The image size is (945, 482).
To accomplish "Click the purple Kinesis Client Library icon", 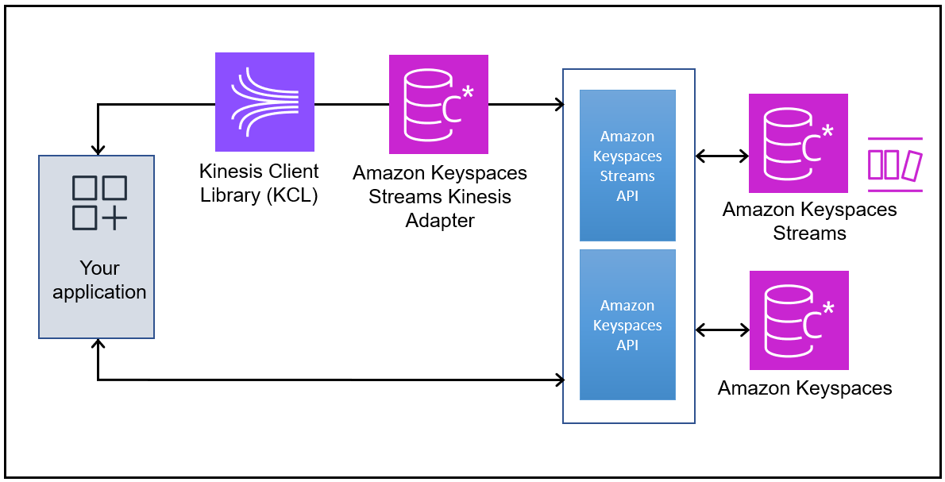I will tap(264, 102).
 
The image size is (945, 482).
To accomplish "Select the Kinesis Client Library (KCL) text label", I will tap(259, 183).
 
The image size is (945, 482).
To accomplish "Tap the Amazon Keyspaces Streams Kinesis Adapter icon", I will tap(438, 104).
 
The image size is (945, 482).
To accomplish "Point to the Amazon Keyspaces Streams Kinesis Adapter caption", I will tap(439, 196).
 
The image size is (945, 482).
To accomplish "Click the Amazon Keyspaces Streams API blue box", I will tap(627, 165).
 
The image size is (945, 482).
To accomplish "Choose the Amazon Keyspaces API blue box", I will tap(627, 325).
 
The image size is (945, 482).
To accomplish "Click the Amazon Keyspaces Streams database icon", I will tap(798, 143).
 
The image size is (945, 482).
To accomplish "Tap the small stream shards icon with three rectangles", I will tap(895, 164).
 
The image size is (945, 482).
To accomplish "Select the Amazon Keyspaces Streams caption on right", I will tap(809, 222).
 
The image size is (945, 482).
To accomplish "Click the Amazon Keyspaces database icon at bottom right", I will tap(798, 320).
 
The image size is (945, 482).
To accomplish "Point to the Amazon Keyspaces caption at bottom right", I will tap(804, 388).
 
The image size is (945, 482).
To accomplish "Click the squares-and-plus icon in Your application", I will tap(99, 202).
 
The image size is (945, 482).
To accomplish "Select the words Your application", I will tap(99, 280).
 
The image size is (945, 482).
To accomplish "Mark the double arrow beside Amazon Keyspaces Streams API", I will tap(722, 156).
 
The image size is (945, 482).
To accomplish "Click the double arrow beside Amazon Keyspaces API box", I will tap(722, 329).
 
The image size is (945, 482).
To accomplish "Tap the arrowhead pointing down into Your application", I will tap(98, 149).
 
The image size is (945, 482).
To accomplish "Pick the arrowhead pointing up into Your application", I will tap(98, 345).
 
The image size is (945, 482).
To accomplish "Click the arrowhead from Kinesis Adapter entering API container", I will tap(559, 104).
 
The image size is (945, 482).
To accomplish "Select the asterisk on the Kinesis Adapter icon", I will tap(467, 92).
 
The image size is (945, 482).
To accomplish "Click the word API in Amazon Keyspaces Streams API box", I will tap(627, 195).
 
